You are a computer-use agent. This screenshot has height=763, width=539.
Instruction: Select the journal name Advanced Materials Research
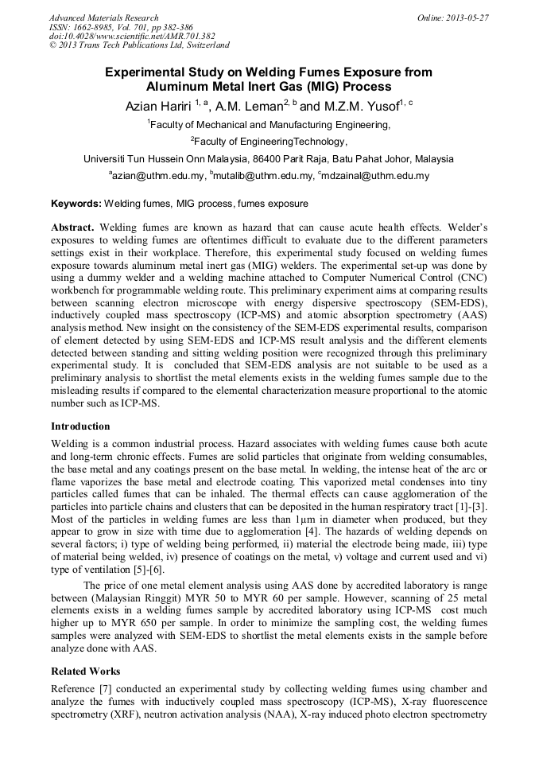pyautogui.click(x=103, y=18)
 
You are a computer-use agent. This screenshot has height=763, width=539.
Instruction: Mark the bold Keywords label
pyautogui.click(x=76, y=204)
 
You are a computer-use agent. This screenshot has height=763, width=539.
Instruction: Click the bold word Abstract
pyautogui.click(x=73, y=227)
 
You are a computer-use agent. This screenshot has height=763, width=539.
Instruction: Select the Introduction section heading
pyautogui.click(x=80, y=426)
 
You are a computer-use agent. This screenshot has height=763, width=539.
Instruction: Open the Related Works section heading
pyautogui.click(x=86, y=671)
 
